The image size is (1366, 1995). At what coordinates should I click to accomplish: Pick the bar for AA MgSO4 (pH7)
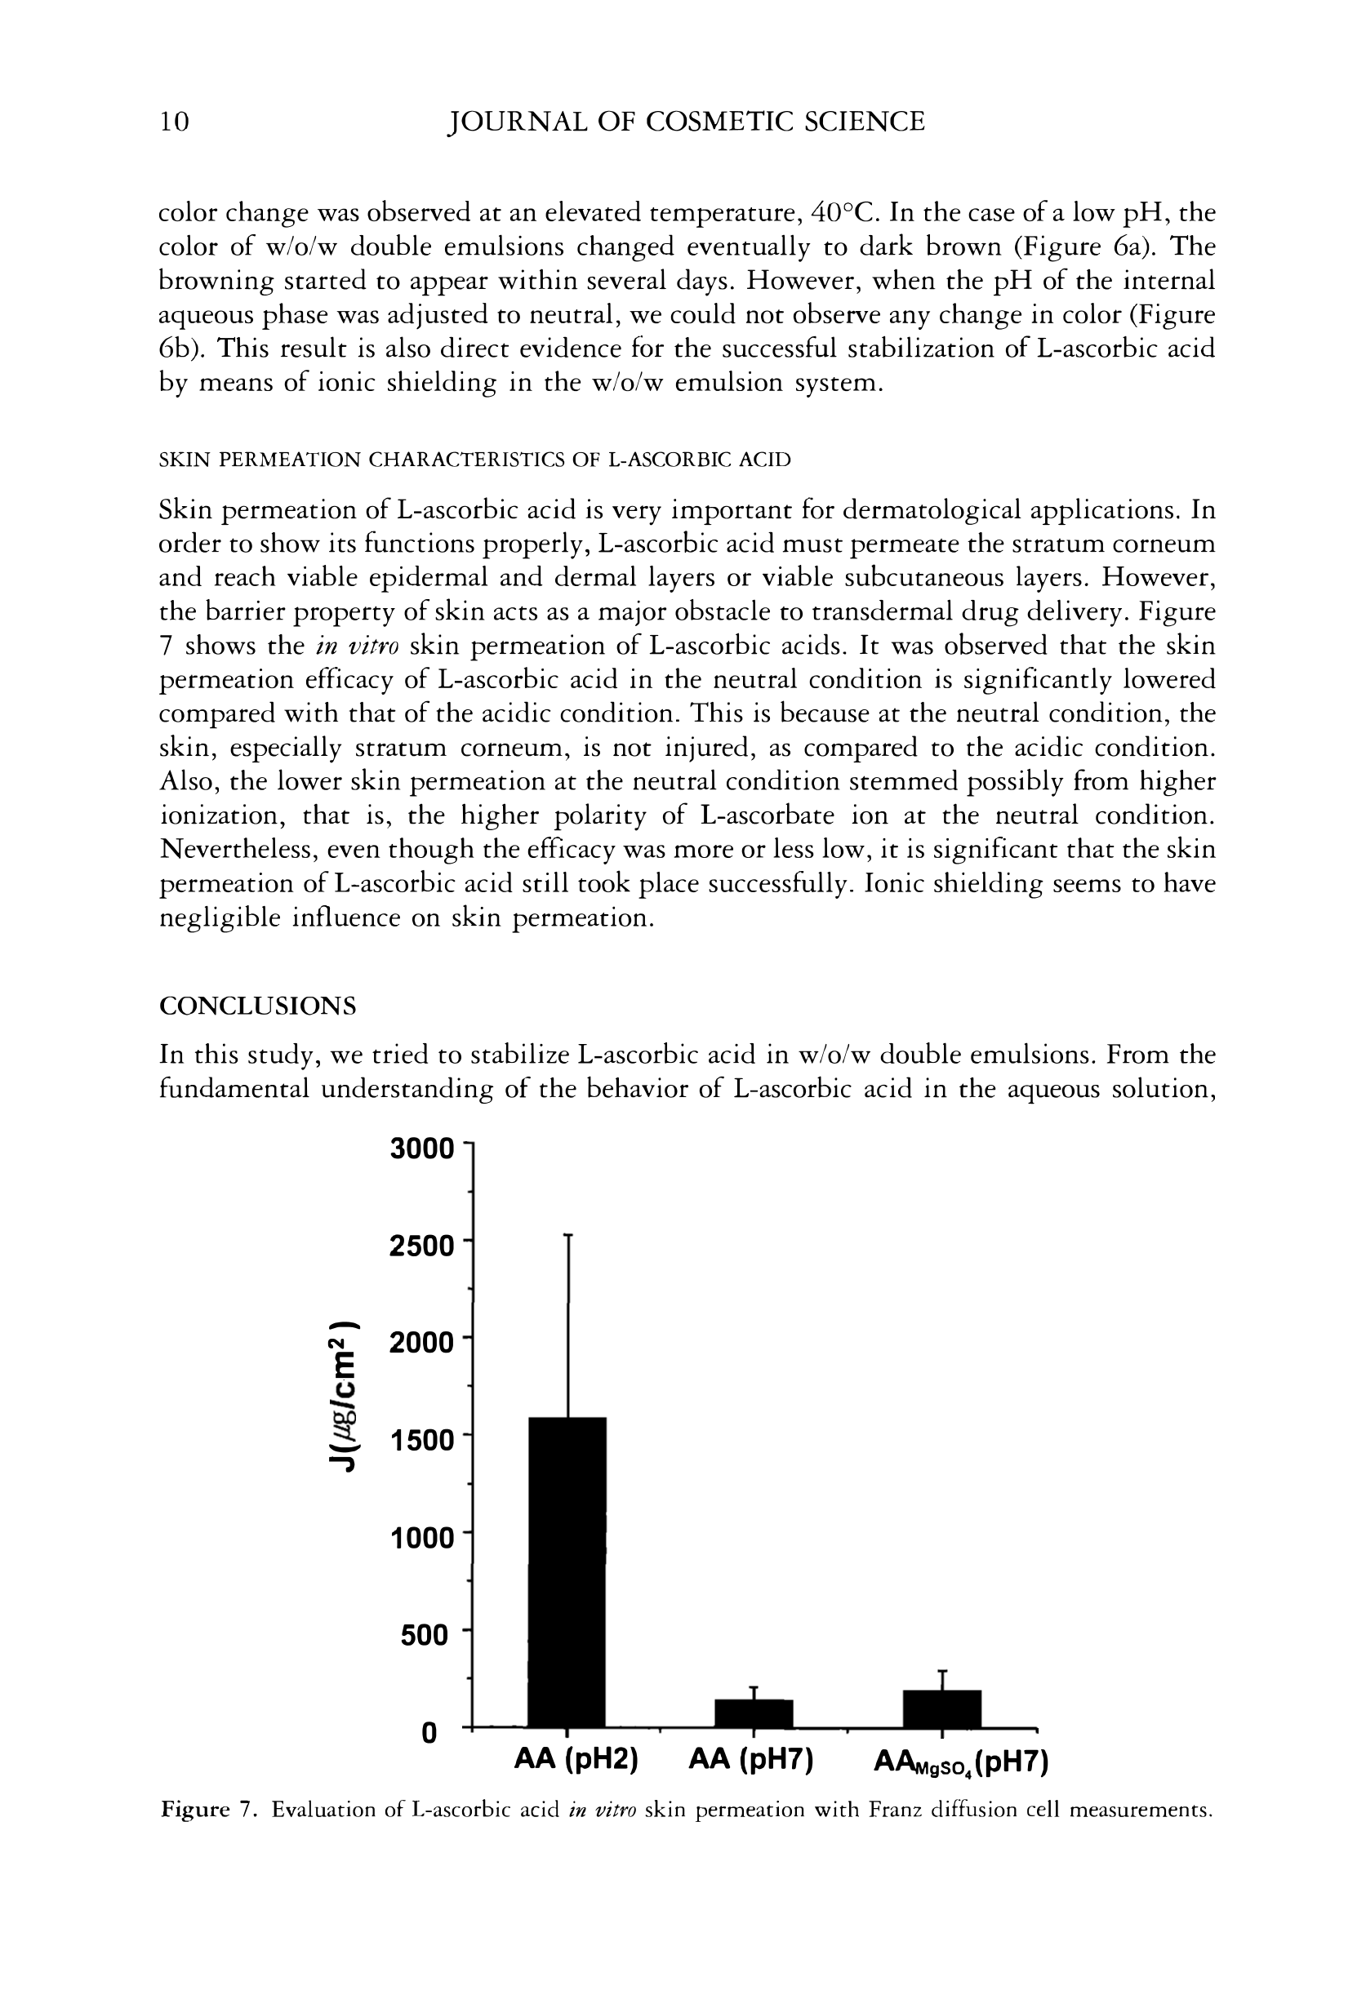click(x=942, y=1708)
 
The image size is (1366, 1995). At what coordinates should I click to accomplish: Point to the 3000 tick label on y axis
click(x=420, y=1149)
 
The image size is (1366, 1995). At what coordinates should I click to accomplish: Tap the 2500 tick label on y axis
click(x=420, y=1246)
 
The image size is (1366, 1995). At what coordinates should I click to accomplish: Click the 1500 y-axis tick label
click(x=421, y=1441)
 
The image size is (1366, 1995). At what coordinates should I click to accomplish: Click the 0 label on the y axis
click(x=430, y=1733)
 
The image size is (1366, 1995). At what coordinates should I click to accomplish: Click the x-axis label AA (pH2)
click(x=576, y=1762)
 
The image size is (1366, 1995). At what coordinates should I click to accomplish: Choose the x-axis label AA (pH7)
click(x=751, y=1762)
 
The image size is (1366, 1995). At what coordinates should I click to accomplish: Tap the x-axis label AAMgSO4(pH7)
click(x=961, y=1763)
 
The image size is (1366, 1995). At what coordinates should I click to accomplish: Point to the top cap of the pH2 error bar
click(x=567, y=1235)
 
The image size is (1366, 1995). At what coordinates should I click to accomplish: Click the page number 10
click(x=174, y=122)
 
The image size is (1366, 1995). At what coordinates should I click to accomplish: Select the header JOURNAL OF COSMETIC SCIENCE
click(x=687, y=122)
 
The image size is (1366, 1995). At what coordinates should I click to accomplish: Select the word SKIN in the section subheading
click(x=185, y=460)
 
